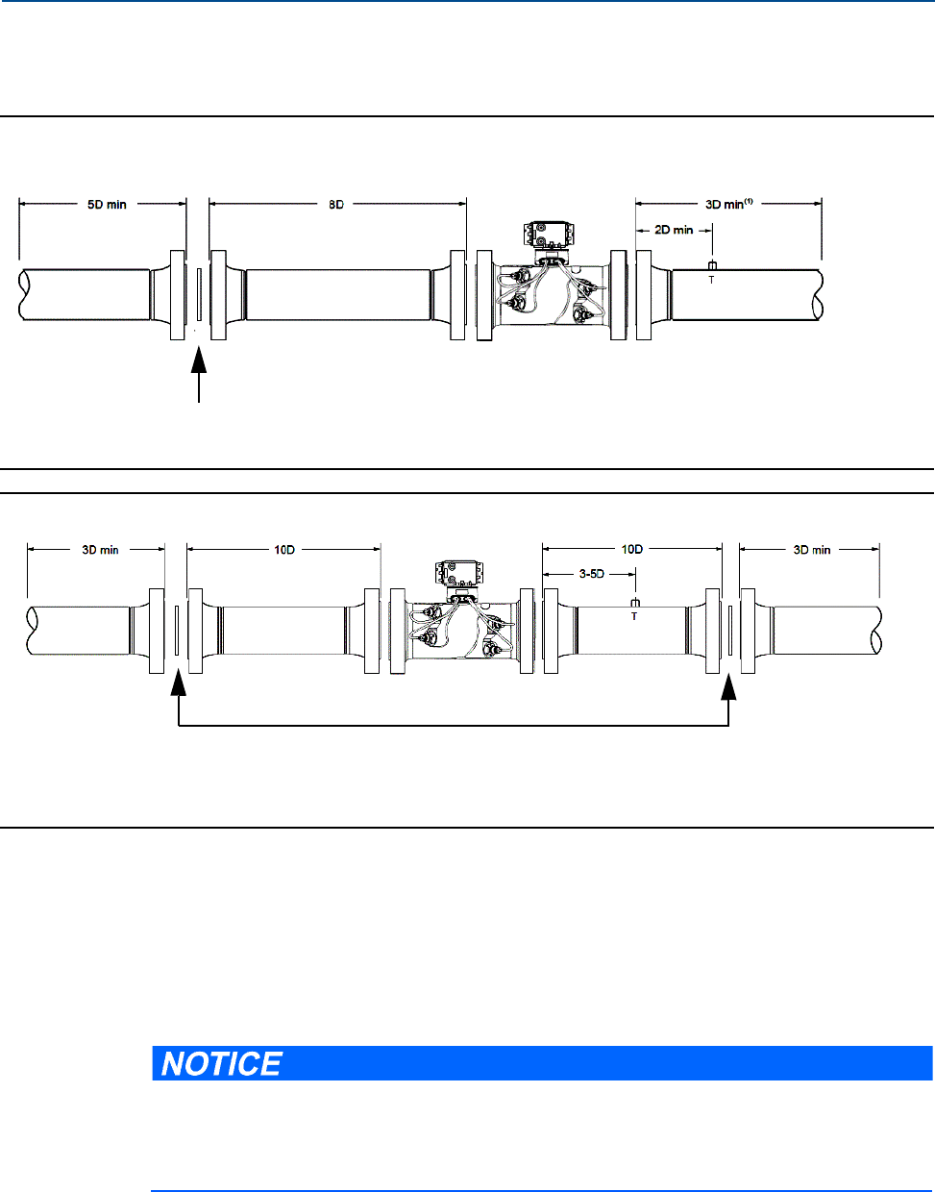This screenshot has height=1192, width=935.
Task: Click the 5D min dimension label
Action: click(x=107, y=205)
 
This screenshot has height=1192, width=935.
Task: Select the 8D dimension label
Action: click(x=336, y=205)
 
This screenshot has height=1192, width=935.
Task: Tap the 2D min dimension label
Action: click(x=674, y=230)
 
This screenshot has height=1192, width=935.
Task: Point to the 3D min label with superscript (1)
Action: click(x=728, y=204)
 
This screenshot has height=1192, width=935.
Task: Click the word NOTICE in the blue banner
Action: click(x=222, y=1065)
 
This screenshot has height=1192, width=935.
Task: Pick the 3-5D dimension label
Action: click(x=592, y=574)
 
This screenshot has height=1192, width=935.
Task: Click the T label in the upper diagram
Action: click(x=711, y=280)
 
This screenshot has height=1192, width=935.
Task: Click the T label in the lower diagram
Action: click(x=634, y=616)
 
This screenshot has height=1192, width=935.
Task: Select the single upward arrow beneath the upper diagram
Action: click(x=199, y=374)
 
